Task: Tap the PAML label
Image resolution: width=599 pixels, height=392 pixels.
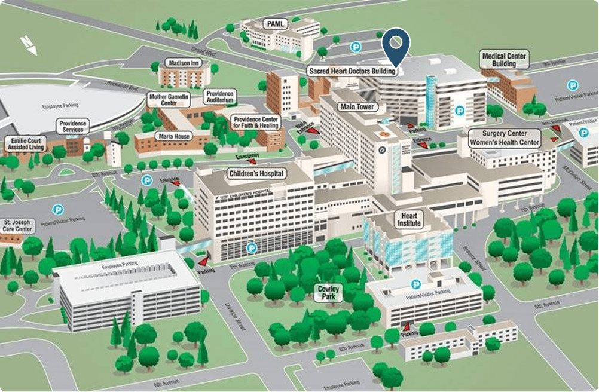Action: (x=276, y=24)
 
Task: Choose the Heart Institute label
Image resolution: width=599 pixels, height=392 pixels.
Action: (x=409, y=219)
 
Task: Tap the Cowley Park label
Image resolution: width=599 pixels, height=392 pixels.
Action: (x=329, y=292)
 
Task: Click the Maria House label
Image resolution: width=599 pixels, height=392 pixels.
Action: (x=174, y=137)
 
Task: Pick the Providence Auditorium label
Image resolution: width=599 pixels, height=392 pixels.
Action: (x=219, y=97)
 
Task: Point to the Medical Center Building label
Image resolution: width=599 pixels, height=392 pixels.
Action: (x=504, y=60)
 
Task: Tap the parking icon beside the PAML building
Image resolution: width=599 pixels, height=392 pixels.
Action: (x=356, y=46)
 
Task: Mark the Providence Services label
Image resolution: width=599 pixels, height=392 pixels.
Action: (x=74, y=126)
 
